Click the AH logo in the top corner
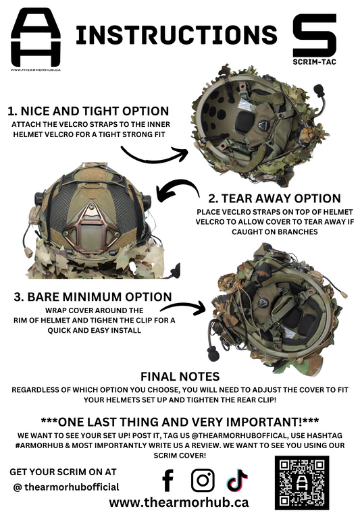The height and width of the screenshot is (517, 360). point(36,37)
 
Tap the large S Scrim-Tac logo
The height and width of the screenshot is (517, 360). point(315,35)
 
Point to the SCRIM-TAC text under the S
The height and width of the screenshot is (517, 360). point(315,61)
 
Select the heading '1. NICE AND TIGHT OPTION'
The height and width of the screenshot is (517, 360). point(88,111)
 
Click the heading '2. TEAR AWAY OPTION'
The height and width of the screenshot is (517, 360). point(274,198)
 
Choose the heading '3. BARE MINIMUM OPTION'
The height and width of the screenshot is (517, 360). point(93,297)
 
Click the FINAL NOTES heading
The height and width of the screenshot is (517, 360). point(180,377)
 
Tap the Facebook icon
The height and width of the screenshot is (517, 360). point(168,481)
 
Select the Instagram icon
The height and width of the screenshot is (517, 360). point(203,481)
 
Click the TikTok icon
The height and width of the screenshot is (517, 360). point(237,480)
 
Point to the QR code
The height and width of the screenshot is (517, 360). point(302,483)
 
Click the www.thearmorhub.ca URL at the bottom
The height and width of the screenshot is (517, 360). point(179,503)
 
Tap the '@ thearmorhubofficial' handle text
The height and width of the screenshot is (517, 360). point(66,487)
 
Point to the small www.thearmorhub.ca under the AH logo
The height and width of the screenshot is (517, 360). point(36,70)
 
